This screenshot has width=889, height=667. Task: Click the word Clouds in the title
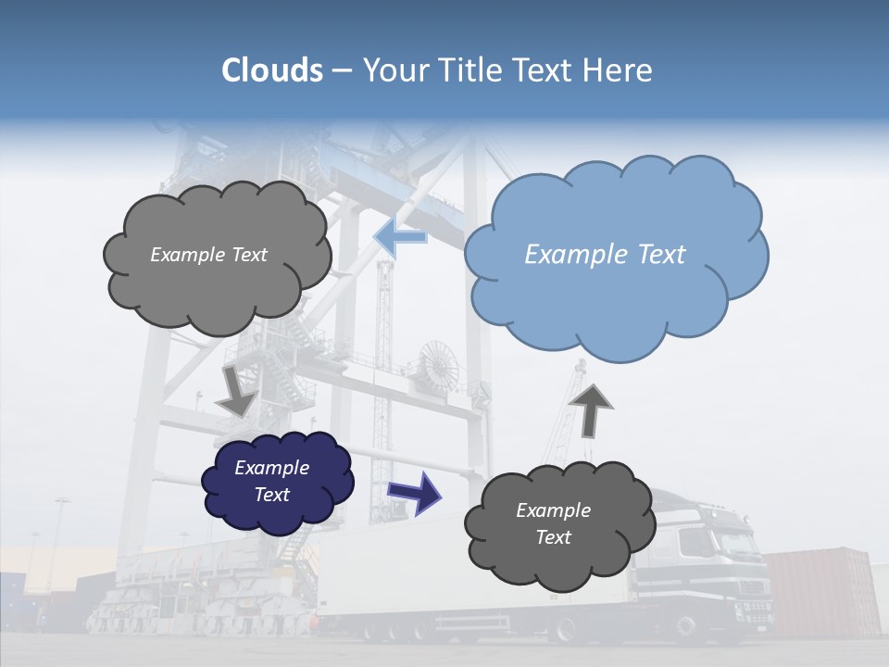[x=271, y=70]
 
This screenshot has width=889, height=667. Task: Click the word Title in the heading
[x=471, y=70]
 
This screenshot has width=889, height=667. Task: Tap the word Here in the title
[x=620, y=70]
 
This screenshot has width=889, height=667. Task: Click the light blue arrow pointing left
[x=400, y=237]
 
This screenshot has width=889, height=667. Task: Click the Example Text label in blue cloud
[x=605, y=255]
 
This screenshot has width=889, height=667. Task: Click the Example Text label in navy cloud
[x=272, y=481]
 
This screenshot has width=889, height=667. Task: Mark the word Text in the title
[x=549, y=70]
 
